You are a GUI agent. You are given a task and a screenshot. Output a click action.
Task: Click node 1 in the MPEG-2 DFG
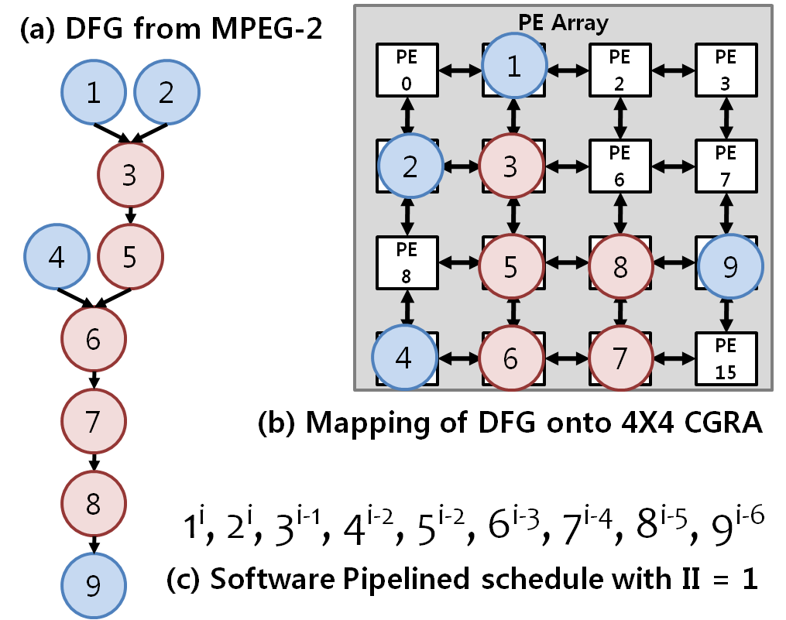(94, 93)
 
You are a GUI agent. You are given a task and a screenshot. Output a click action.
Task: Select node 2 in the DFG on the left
(166, 93)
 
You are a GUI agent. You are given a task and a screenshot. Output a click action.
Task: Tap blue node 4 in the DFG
(57, 257)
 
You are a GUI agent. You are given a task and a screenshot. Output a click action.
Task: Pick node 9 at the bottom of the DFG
(94, 587)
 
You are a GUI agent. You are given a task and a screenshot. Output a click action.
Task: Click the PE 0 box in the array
(407, 69)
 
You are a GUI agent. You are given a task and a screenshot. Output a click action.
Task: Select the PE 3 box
(726, 69)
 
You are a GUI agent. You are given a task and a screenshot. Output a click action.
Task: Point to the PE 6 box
(620, 165)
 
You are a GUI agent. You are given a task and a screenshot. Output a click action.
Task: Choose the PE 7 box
(726, 165)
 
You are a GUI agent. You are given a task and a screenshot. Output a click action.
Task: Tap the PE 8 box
(407, 262)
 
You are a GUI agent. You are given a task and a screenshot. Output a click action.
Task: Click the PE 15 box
(726, 358)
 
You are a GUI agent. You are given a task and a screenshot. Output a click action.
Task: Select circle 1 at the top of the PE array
(513, 67)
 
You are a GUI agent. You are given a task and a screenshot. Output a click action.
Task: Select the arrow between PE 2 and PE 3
(673, 69)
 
